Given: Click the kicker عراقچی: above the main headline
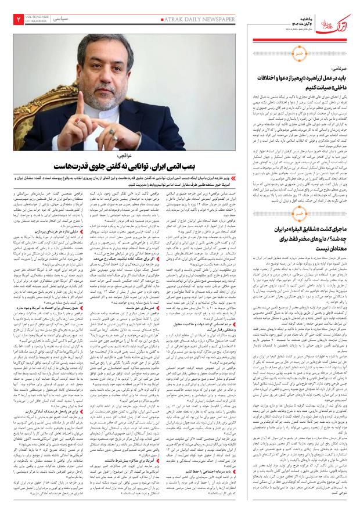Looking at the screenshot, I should pyautogui.click(x=125, y=156).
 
